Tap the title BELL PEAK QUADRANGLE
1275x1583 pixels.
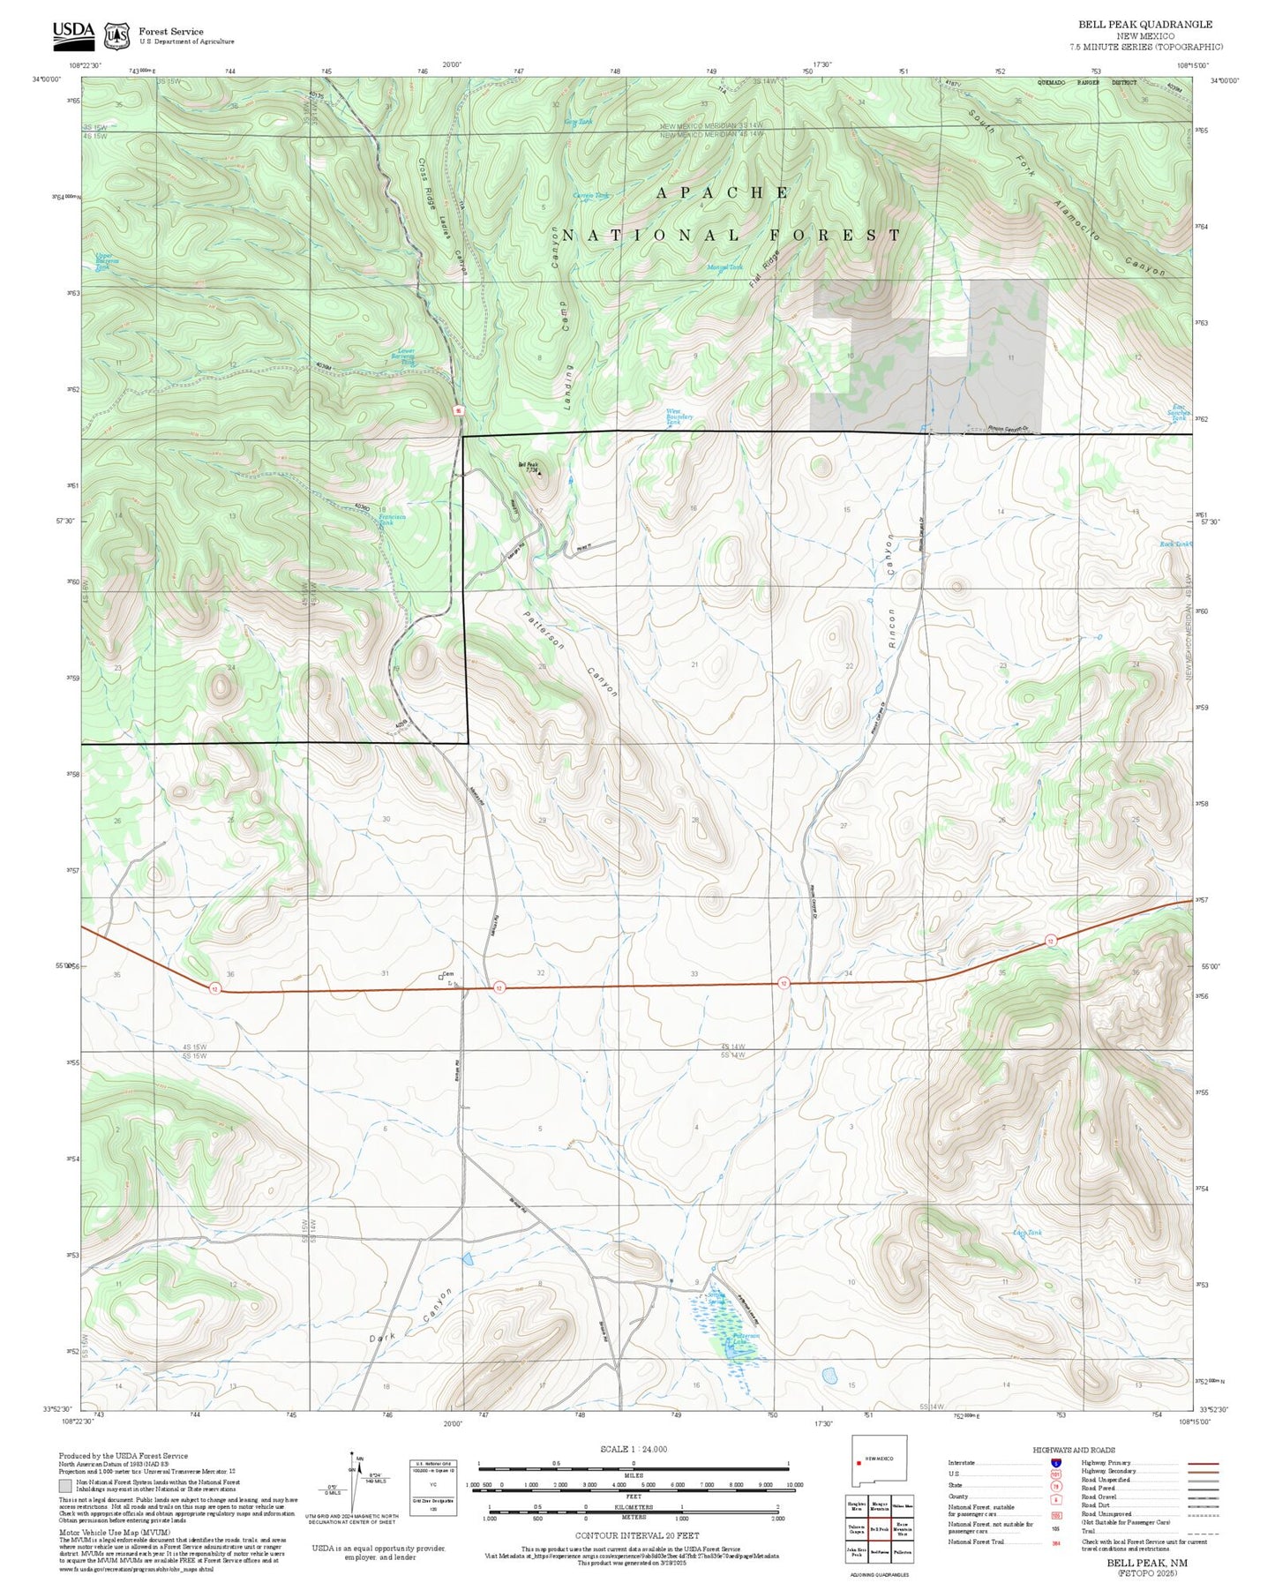pos(1144,25)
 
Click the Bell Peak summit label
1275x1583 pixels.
pos(528,467)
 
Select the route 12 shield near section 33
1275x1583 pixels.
pos(783,983)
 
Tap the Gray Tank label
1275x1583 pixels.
pos(578,122)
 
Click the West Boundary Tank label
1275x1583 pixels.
pos(679,416)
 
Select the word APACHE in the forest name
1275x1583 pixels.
pos(722,192)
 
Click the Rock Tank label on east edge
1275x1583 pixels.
pos(1174,544)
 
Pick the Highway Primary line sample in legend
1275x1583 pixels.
pos(1203,1462)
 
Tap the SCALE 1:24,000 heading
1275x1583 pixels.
pos(633,1449)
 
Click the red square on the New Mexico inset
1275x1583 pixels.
pos(858,1465)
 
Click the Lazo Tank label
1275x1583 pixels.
pos(1027,1233)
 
